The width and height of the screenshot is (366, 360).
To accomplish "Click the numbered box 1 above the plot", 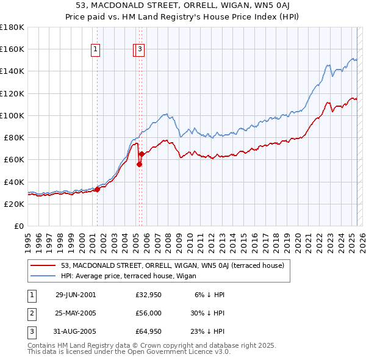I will coord(96,51).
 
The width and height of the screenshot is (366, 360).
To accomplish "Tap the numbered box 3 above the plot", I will coord(140,51).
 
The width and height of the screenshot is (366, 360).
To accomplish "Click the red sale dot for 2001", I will coord(97,189).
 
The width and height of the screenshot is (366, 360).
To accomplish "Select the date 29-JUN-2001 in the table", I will coord(76,295).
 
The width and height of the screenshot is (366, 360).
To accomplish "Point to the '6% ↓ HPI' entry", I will coord(209,295).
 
